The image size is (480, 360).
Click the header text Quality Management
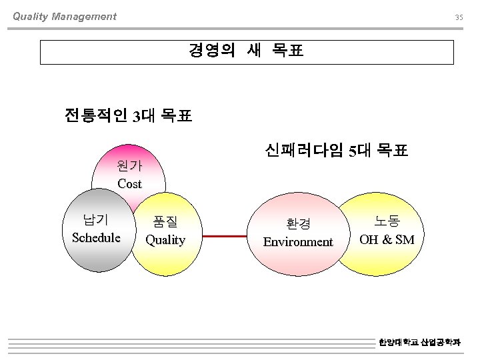pos(65,17)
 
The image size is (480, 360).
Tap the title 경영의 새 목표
pos(246,51)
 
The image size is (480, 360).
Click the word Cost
pos(129,183)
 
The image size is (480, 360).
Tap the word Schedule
pos(96,237)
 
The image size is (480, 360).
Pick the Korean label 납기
pos(95,220)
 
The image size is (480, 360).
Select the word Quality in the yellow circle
pos(165,240)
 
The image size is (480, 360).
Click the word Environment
pos(298,241)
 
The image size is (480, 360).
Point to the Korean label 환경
pos(298,224)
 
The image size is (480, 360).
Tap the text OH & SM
pos(387,239)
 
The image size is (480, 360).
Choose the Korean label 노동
pos(387,221)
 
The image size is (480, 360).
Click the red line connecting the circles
pos(227,236)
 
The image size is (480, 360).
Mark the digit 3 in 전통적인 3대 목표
pos(136,117)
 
